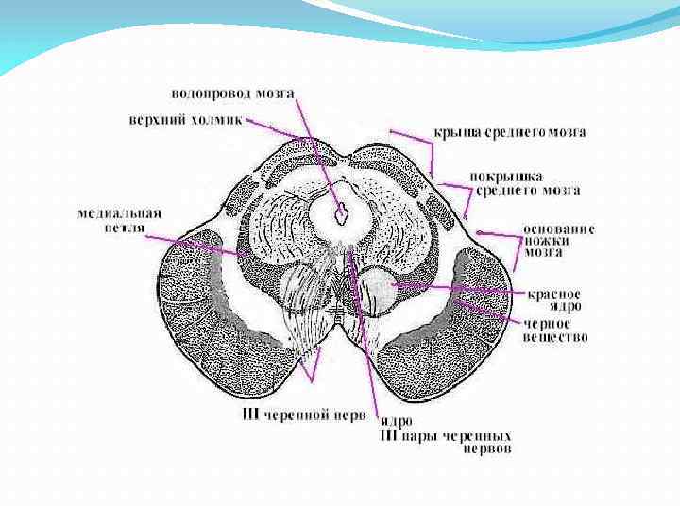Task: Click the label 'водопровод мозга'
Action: pos(232,94)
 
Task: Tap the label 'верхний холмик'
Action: pos(185,120)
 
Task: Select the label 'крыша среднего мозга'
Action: pos(509,132)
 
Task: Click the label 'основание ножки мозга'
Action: pos(559,241)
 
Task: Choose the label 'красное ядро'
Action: pos(554,299)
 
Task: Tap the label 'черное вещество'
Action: pos(555,330)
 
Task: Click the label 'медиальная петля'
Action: pos(114,220)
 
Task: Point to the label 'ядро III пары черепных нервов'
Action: pos(444,435)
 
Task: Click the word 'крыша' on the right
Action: pos(454,132)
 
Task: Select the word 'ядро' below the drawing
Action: pos(394,422)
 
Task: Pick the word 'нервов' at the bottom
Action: pos(485,450)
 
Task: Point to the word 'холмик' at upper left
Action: pos(218,120)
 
